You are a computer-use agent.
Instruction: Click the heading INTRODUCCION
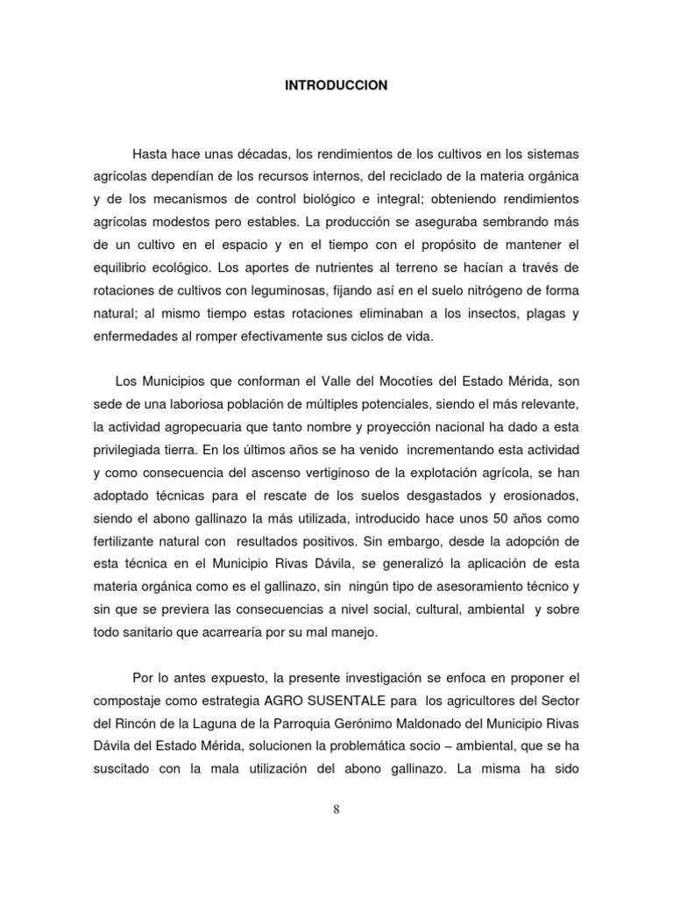point(336,86)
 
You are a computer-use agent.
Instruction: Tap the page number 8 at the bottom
point(336,809)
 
